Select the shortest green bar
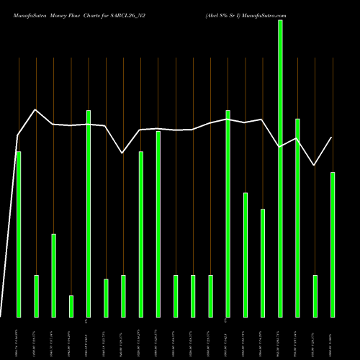[x=71, y=306]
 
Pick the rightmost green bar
[x=333, y=245]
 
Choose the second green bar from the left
[x=36, y=296]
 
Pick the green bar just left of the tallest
[x=263, y=263]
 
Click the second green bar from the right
[x=315, y=296]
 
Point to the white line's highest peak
[x=35, y=109]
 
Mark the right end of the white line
[x=332, y=138]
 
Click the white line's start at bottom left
[x=1, y=316]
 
